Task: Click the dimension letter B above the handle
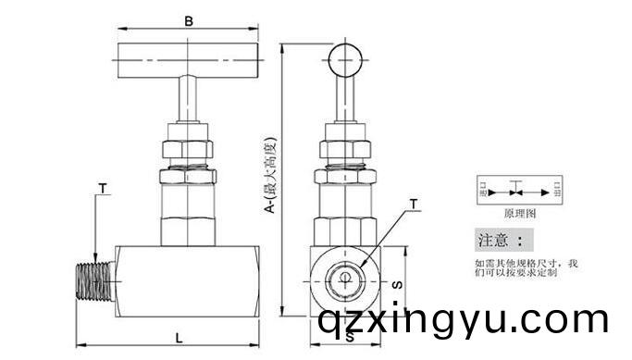tap(188, 19)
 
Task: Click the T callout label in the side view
tap(413, 203)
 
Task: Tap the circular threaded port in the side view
tap(344, 279)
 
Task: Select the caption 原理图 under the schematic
tap(519, 212)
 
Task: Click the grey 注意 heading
tap(504, 242)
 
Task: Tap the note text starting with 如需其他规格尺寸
tap(525, 268)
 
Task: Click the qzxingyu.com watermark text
tap(462, 322)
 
